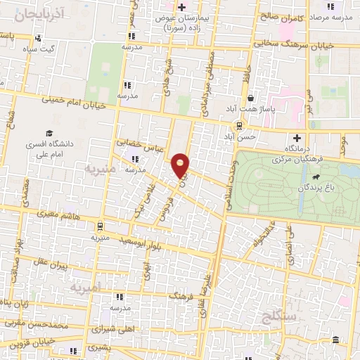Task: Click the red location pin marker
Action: [181, 165]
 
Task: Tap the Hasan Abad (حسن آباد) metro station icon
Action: [240, 127]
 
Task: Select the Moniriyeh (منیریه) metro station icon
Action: [101, 226]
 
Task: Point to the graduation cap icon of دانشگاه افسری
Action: [49, 133]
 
